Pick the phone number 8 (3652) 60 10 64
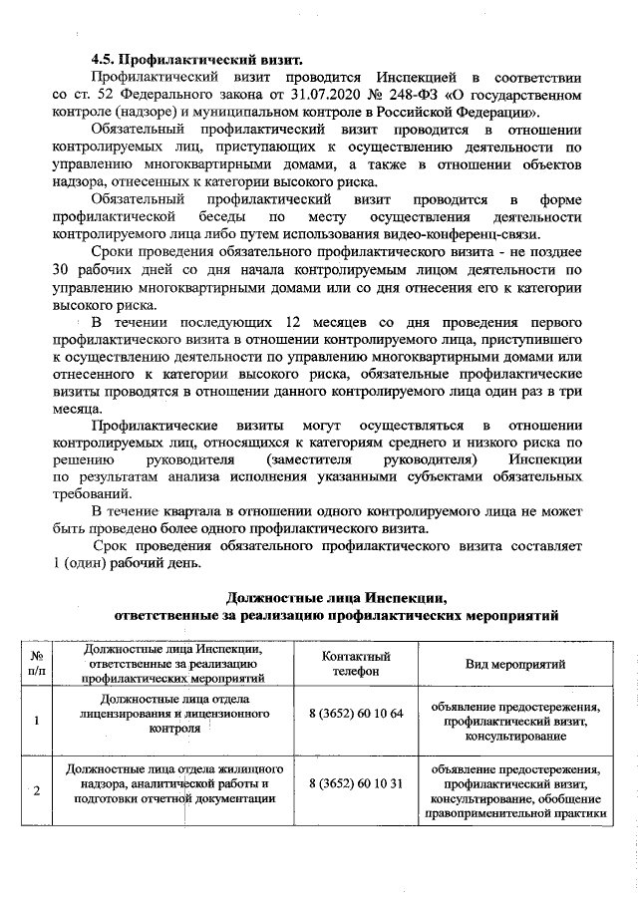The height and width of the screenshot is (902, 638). (x=356, y=715)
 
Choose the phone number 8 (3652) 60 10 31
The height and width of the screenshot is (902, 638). (x=356, y=783)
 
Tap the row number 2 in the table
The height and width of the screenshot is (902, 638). (x=37, y=791)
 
